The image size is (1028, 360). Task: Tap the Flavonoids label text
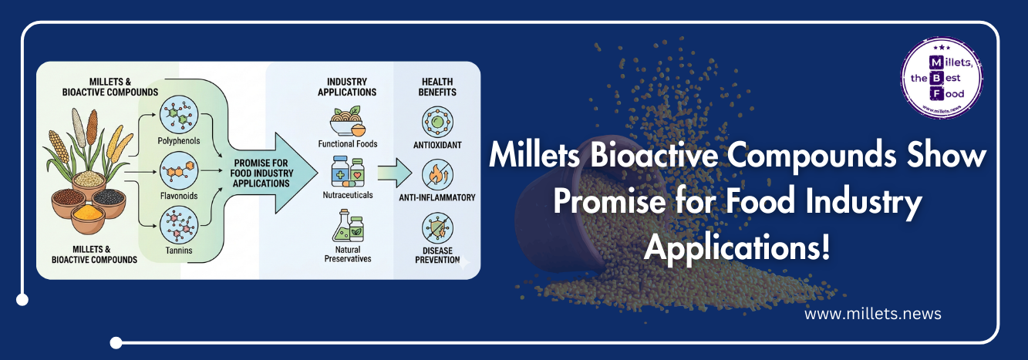177,196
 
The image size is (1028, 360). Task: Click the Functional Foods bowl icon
347,122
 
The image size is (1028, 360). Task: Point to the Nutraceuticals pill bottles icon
347,171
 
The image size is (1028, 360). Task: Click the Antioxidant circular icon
438,123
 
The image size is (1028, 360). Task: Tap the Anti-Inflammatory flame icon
438,174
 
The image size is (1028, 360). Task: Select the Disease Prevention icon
438,227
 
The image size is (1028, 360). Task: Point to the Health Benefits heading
437,86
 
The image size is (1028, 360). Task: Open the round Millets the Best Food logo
942,77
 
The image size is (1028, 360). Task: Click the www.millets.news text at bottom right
872,315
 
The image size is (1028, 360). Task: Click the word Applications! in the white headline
737,247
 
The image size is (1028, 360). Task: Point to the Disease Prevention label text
436,256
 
